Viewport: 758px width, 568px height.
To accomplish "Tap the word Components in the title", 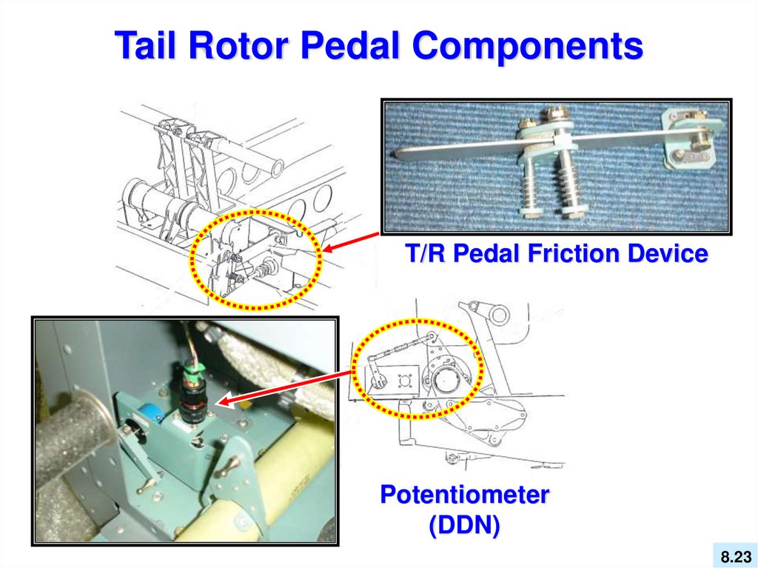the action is click(x=527, y=46).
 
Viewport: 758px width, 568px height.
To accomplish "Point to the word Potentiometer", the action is click(x=464, y=495).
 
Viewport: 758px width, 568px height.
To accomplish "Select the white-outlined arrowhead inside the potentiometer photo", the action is click(x=226, y=402).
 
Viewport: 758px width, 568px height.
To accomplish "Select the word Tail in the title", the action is click(x=144, y=46).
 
